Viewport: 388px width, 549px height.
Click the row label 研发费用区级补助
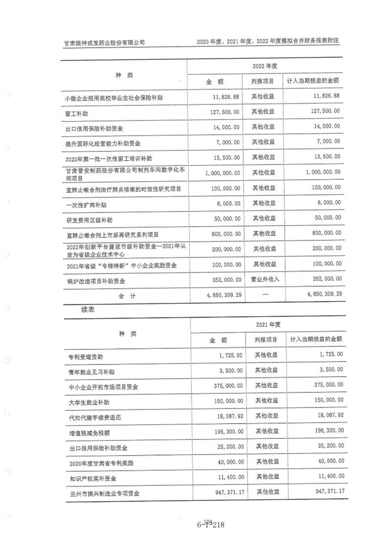(92, 220)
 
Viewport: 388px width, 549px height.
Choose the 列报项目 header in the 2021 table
(266, 339)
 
